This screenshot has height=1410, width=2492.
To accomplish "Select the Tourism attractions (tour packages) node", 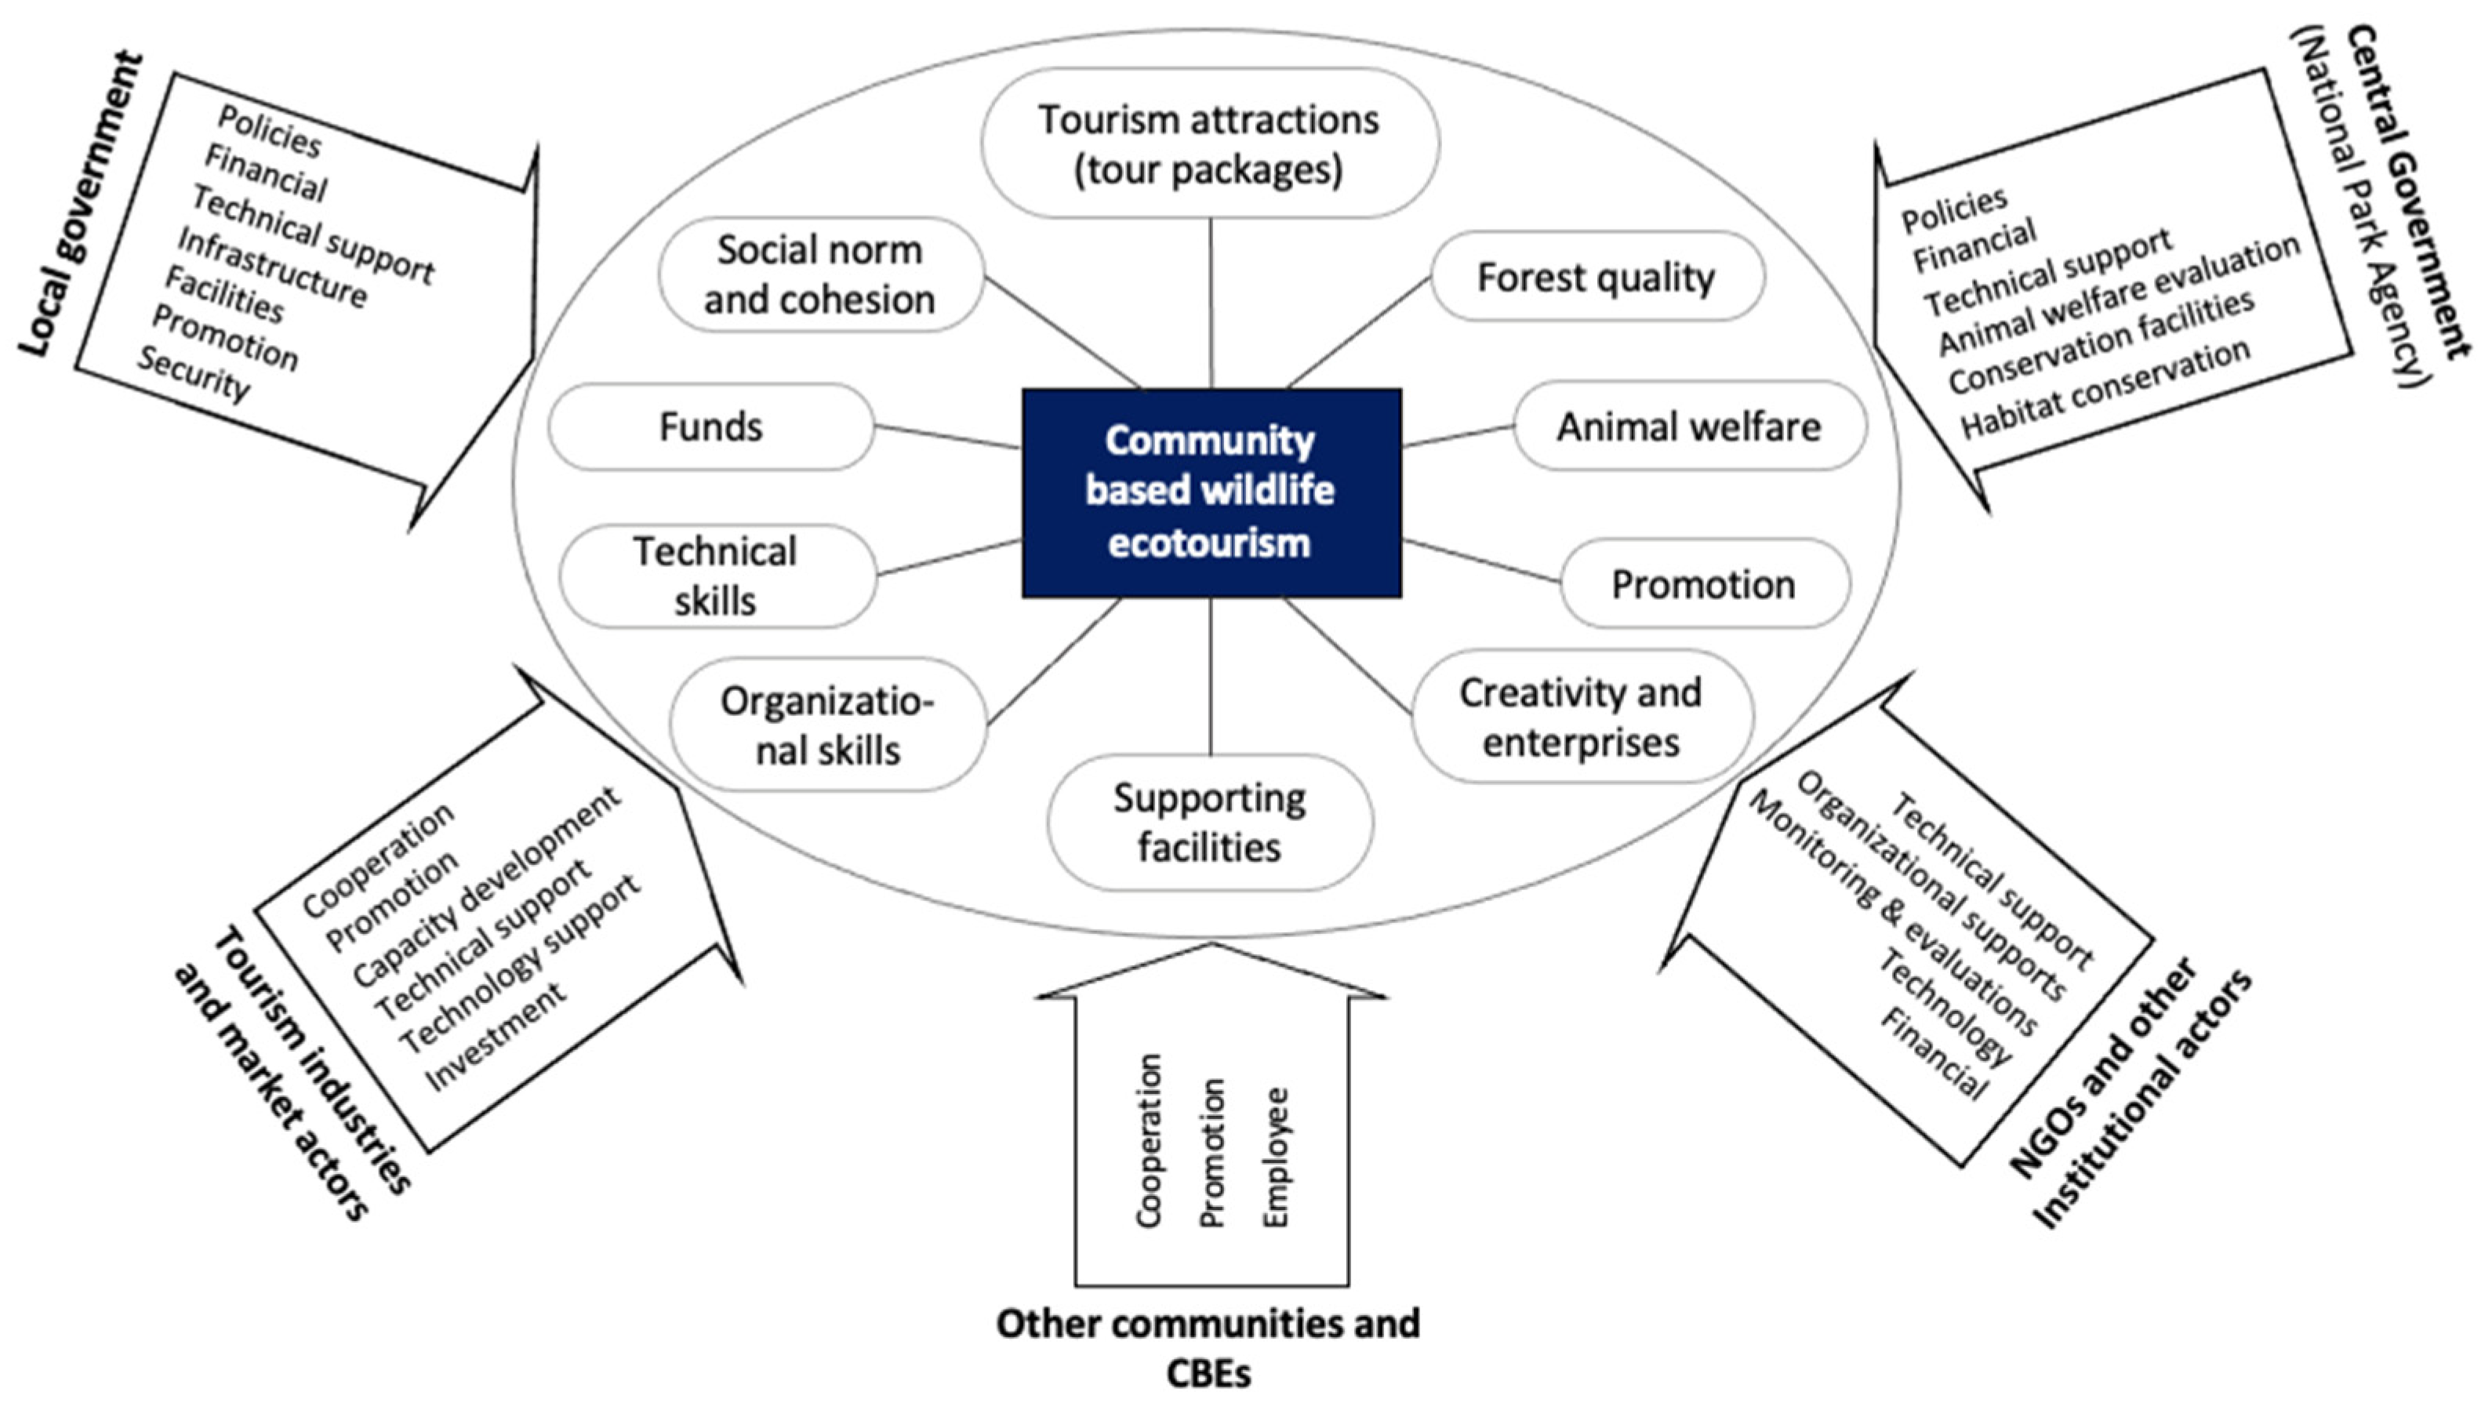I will click(1209, 144).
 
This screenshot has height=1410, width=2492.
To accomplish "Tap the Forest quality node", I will click(1596, 277).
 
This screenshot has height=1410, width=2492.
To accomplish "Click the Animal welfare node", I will click(1688, 426).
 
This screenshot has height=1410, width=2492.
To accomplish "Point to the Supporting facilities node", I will click(1209, 822).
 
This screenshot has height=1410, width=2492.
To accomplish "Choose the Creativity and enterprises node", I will click(1581, 717).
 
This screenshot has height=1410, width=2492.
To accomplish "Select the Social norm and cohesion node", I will click(819, 275).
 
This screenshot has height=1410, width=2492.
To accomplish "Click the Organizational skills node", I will click(826, 725).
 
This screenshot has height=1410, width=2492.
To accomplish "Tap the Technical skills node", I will click(715, 576).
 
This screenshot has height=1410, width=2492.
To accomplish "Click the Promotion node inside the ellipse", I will click(1703, 584).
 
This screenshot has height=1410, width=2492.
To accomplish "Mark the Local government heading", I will click(82, 205).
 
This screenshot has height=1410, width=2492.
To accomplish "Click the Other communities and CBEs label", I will click(1208, 1346).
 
